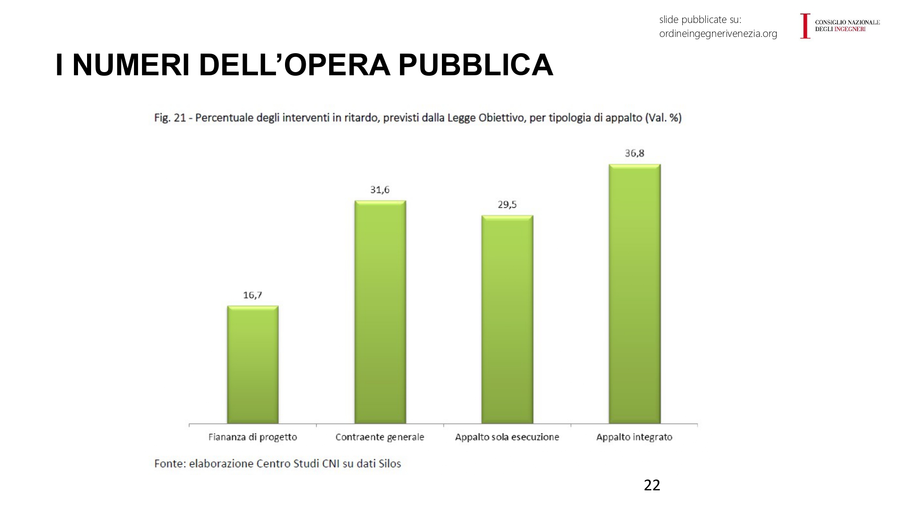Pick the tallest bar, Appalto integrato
click(x=635, y=293)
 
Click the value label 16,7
click(x=253, y=295)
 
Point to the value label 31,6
click(x=380, y=190)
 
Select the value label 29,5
click(x=507, y=205)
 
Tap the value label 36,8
click(x=635, y=153)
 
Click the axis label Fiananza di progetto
click(x=253, y=437)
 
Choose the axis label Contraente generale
click(x=380, y=437)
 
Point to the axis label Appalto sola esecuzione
click(x=507, y=437)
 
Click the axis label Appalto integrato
click(x=634, y=437)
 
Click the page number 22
click(x=652, y=485)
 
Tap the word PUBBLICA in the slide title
click(x=475, y=65)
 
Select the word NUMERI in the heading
click(x=131, y=65)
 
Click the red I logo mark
click(x=805, y=26)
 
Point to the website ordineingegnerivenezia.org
click(x=718, y=34)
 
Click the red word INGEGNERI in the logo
click(x=850, y=29)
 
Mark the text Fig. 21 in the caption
click(x=170, y=118)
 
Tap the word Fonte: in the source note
click(x=170, y=464)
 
